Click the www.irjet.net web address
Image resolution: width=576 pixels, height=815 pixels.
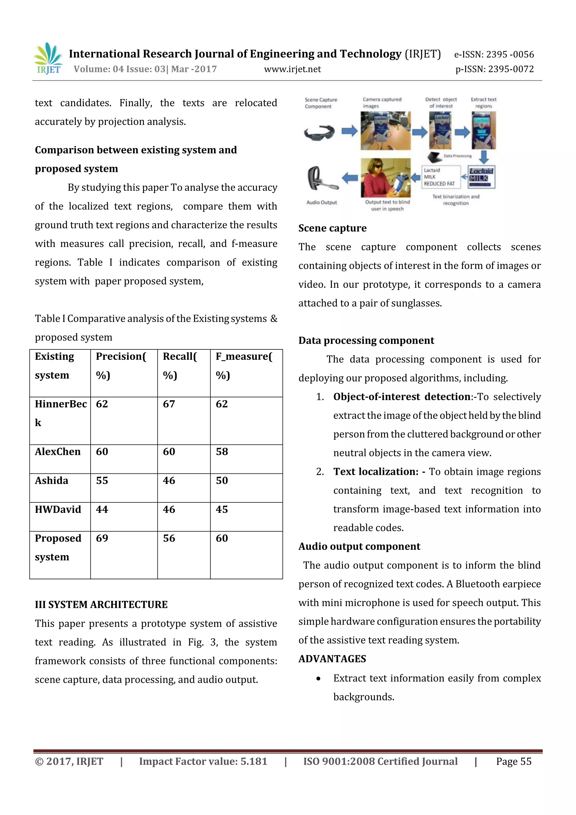click(x=292, y=69)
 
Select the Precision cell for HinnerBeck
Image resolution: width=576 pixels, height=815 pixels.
click(x=102, y=404)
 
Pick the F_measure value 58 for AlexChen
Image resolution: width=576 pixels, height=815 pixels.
click(x=222, y=452)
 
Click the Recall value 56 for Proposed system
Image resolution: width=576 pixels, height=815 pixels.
click(x=169, y=538)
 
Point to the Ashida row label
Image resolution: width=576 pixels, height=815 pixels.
click(x=51, y=481)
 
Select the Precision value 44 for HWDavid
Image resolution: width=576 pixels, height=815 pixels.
click(x=102, y=509)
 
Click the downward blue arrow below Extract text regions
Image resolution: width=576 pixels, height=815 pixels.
click(x=484, y=156)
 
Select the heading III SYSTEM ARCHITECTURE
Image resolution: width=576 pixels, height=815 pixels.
click(x=101, y=605)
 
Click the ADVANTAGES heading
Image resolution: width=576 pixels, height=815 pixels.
click(x=332, y=659)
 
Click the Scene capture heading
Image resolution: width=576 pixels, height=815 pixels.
click(x=332, y=228)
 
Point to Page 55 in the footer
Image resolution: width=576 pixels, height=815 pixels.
click(x=514, y=761)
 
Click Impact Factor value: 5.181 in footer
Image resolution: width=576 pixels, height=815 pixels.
click(x=203, y=761)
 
